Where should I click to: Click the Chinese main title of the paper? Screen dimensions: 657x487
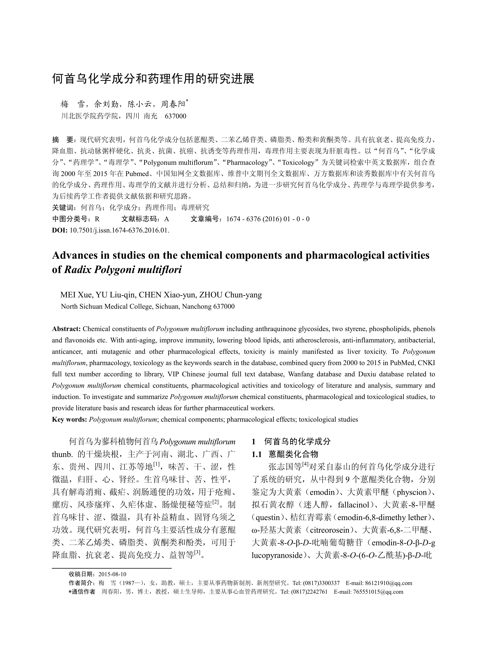[x=153, y=79]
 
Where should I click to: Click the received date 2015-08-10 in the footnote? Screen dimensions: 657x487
[x=112, y=574]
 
